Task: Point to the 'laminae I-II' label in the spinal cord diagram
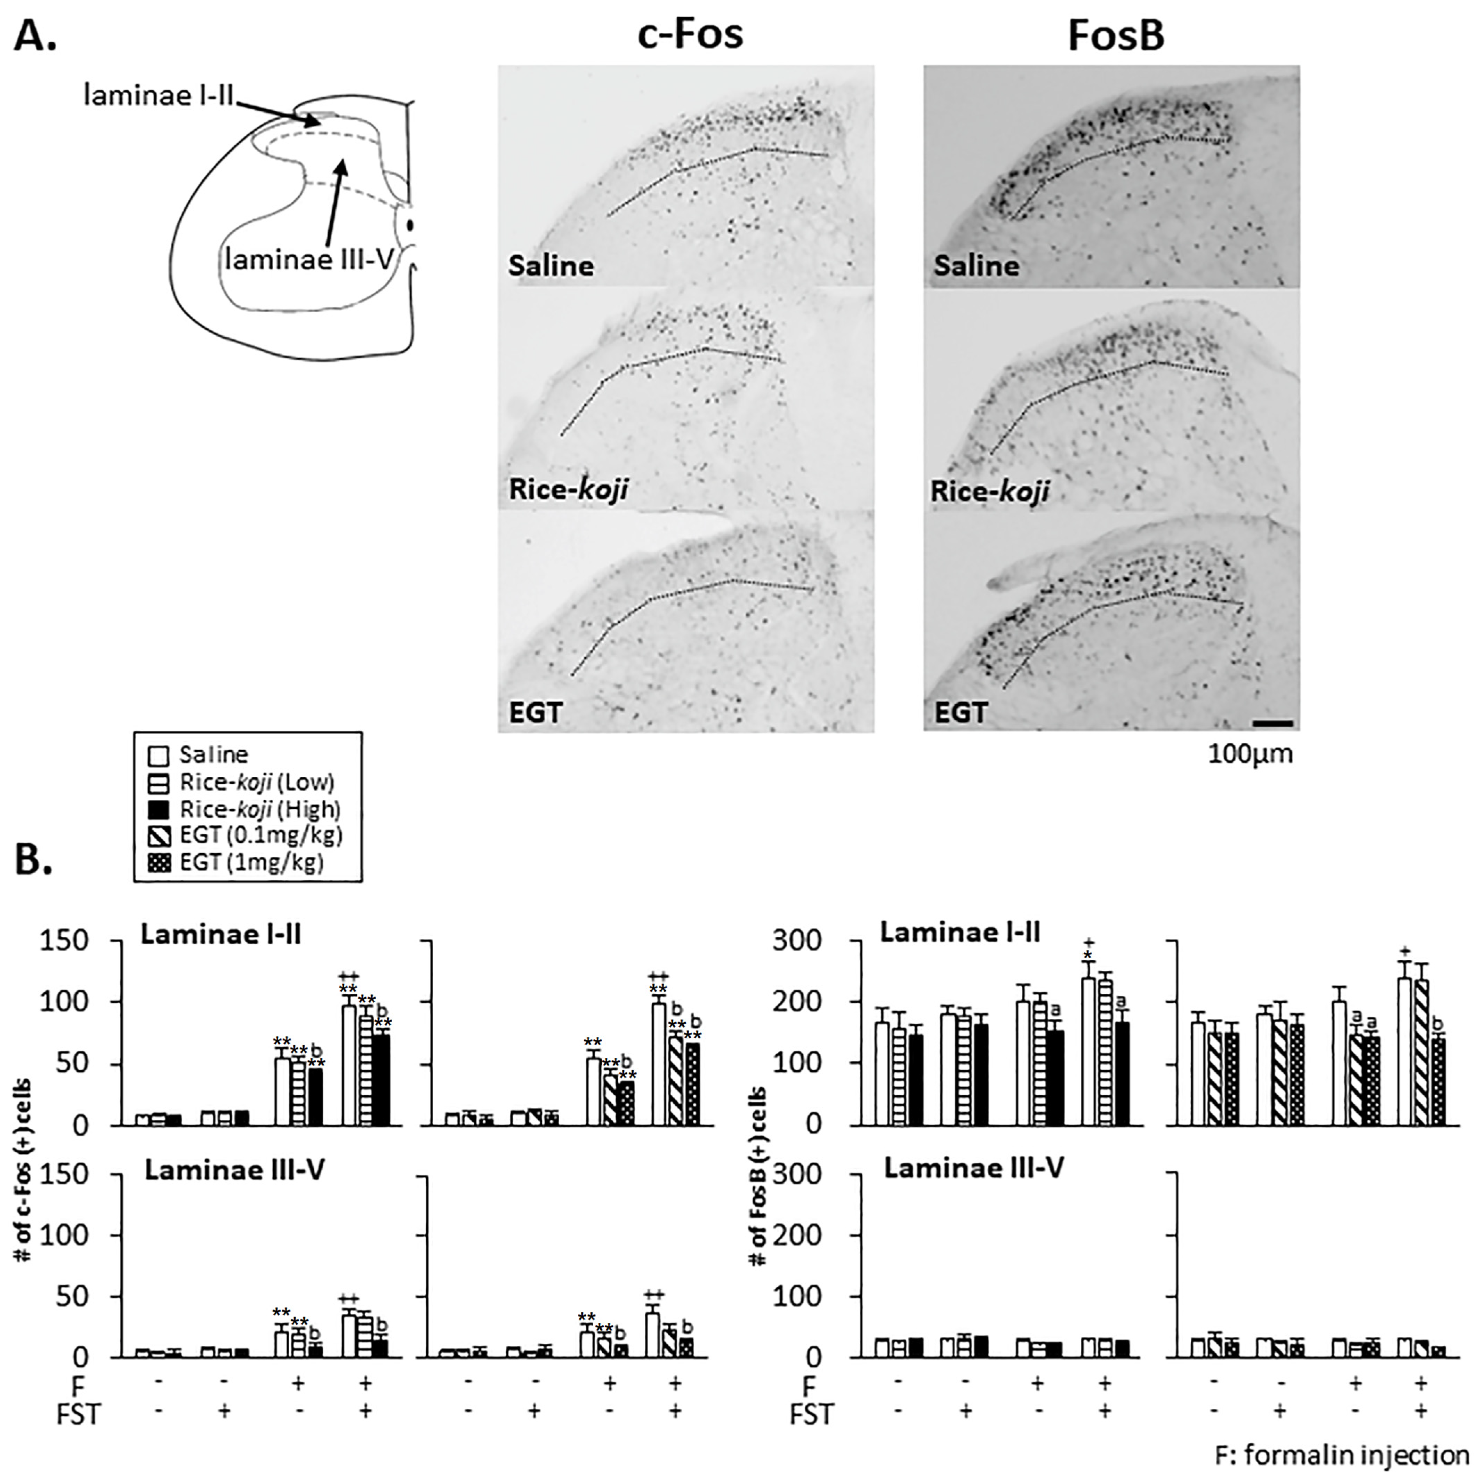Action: click(x=159, y=96)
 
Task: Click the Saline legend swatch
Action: click(x=158, y=755)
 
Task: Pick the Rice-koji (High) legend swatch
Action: click(x=158, y=809)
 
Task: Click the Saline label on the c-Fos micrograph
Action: click(x=551, y=266)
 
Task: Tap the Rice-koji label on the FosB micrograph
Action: click(x=989, y=491)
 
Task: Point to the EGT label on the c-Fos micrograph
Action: click(x=535, y=712)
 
